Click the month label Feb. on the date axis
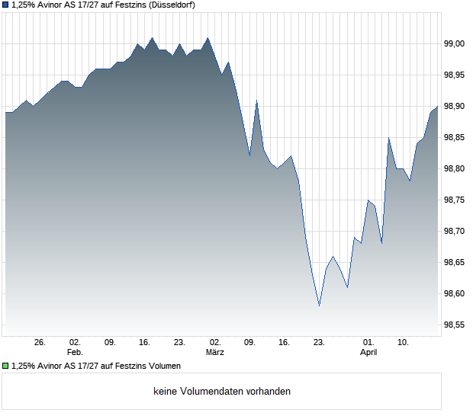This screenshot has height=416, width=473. coord(74,353)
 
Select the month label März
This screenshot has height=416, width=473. coord(214,353)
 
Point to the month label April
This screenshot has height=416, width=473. coord(368,353)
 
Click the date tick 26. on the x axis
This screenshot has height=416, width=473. coord(40,343)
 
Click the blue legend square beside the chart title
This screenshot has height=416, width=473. coord(6,5)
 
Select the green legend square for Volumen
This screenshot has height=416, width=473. coord(6,366)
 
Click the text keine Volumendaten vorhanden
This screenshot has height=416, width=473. coord(222,392)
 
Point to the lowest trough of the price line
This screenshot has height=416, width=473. coord(319,306)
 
